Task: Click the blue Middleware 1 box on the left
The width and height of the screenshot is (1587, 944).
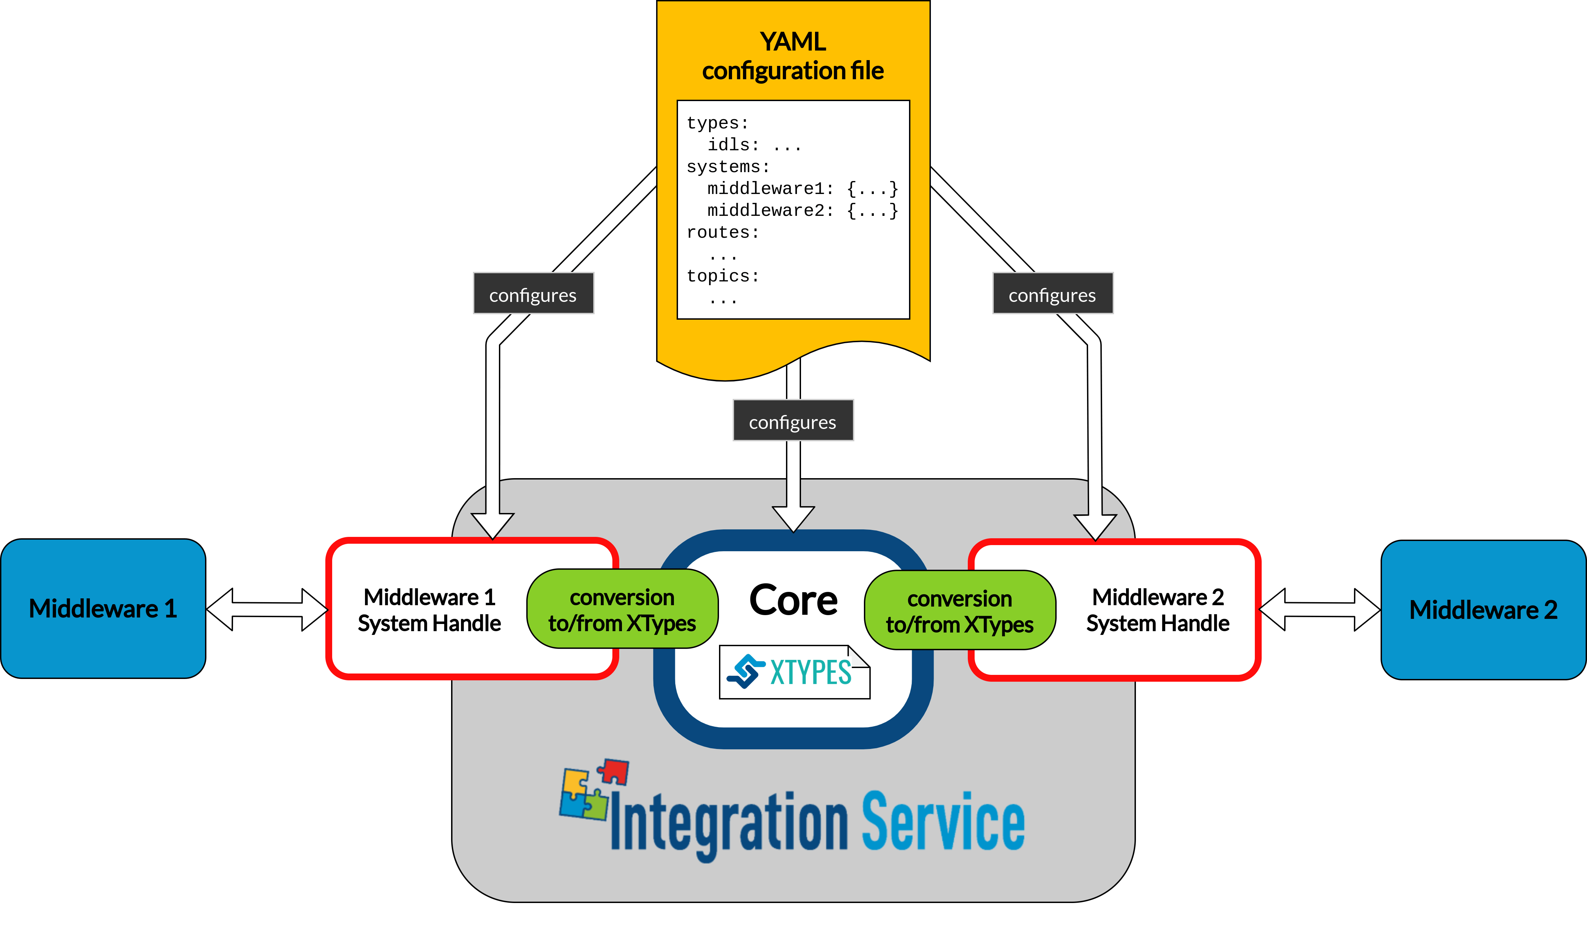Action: pyautogui.click(x=103, y=609)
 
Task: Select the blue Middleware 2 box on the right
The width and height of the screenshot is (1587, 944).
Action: pyautogui.click(x=1483, y=610)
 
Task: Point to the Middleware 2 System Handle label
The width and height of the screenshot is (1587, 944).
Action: pyautogui.click(x=1157, y=610)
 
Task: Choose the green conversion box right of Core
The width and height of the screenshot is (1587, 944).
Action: pyautogui.click(x=960, y=611)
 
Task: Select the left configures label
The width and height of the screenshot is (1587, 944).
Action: pyautogui.click(x=533, y=294)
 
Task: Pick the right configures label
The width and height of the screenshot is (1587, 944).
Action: pyautogui.click(x=1053, y=294)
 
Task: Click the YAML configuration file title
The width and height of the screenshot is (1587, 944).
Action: pyautogui.click(x=793, y=56)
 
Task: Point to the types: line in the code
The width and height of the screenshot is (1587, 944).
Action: pyautogui.click(x=718, y=123)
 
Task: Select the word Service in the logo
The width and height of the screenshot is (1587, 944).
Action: pyautogui.click(x=943, y=821)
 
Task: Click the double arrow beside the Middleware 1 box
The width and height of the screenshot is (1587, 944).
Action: pyautogui.click(x=267, y=609)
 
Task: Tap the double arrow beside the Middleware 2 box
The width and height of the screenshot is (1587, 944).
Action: pyautogui.click(x=1320, y=609)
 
